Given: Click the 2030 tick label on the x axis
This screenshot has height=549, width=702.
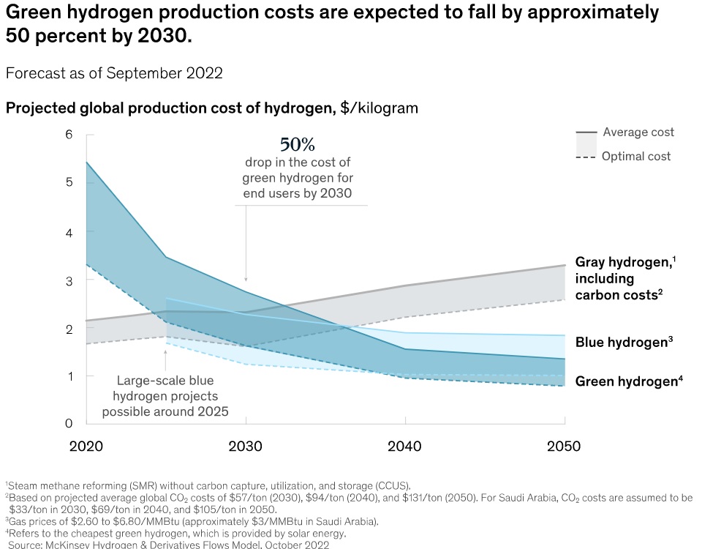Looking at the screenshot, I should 246,447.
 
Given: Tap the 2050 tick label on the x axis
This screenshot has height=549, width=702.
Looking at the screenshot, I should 564,447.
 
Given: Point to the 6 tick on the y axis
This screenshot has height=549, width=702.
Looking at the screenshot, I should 69,135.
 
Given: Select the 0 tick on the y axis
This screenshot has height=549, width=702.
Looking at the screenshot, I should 69,424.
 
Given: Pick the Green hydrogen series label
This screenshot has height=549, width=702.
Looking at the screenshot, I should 629,381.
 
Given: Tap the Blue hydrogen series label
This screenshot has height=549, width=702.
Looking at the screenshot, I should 624,342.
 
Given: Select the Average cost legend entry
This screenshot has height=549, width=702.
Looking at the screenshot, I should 638,132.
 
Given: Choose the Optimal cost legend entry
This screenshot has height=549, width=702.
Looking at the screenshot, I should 636,156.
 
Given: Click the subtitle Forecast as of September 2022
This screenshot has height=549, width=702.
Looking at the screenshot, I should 114,73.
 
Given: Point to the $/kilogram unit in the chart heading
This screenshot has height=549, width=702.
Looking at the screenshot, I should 379,108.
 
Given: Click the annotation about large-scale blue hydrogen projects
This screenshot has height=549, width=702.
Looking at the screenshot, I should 165,396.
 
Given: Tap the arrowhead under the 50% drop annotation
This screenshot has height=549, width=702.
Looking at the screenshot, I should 246,279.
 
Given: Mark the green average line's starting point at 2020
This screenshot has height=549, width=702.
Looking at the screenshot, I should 87,162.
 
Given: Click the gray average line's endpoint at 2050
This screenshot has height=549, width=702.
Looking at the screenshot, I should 565,265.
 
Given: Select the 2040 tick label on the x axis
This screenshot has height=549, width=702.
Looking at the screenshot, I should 405,447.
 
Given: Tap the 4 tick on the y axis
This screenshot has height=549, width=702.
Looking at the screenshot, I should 69,231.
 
